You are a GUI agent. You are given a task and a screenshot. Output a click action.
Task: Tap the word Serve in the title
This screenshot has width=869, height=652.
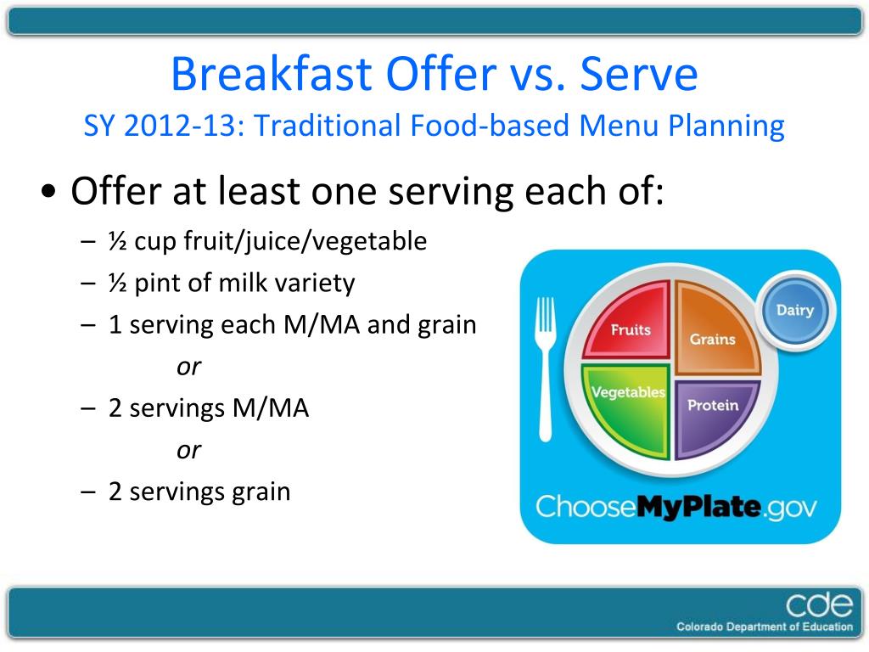[x=639, y=74]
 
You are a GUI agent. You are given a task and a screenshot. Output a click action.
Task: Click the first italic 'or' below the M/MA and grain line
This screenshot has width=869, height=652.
[x=189, y=367]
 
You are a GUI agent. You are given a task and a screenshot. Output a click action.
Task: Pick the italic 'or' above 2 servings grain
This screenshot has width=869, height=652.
[x=189, y=451]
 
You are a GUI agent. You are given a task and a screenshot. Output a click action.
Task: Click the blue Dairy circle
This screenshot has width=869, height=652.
[x=795, y=310]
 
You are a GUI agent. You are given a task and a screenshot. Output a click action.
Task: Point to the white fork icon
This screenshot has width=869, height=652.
[x=546, y=368]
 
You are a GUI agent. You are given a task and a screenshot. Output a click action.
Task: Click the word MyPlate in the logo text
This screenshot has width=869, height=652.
[x=698, y=508]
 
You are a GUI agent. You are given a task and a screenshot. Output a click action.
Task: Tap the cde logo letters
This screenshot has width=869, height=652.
[x=819, y=604]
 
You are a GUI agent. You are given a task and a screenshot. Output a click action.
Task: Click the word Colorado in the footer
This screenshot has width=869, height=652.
[x=699, y=627]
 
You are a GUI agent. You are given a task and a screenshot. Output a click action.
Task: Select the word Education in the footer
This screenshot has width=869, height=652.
[x=827, y=627]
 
